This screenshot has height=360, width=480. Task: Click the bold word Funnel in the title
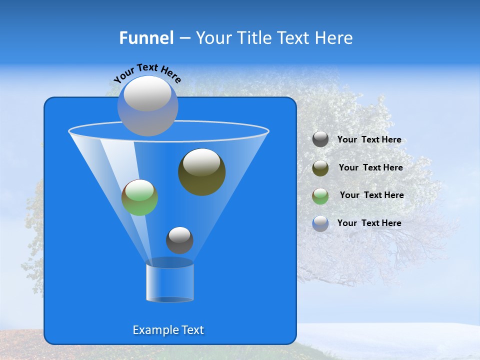pos(146,38)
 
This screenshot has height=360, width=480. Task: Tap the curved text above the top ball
pos(147,72)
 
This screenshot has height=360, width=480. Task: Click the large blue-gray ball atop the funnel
pos(147,106)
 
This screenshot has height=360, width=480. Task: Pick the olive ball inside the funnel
pos(201,172)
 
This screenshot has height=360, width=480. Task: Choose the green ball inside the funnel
pos(139,197)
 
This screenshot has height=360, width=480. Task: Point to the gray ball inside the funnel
pos(179,240)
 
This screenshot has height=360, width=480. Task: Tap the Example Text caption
pos(168,330)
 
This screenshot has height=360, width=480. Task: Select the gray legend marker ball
pos(320,139)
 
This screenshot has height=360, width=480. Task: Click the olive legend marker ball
pos(320,168)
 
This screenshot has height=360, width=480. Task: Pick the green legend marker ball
pos(320,196)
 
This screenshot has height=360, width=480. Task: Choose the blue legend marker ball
pos(320,223)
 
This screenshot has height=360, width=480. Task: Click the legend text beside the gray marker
pos(369,140)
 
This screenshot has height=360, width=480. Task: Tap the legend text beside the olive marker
pos(370,168)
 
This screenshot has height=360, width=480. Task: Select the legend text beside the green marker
pos(371,195)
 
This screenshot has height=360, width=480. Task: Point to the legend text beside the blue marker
pos(369,223)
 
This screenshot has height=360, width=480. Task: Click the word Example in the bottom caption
pos(152,330)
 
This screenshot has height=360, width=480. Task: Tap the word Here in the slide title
pos(334,38)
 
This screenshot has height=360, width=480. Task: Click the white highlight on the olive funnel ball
pos(201,163)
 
